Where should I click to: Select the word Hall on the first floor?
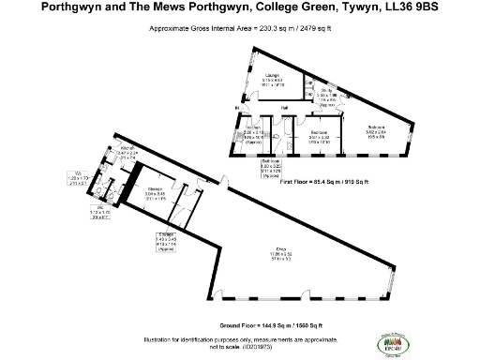pos(282,109)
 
